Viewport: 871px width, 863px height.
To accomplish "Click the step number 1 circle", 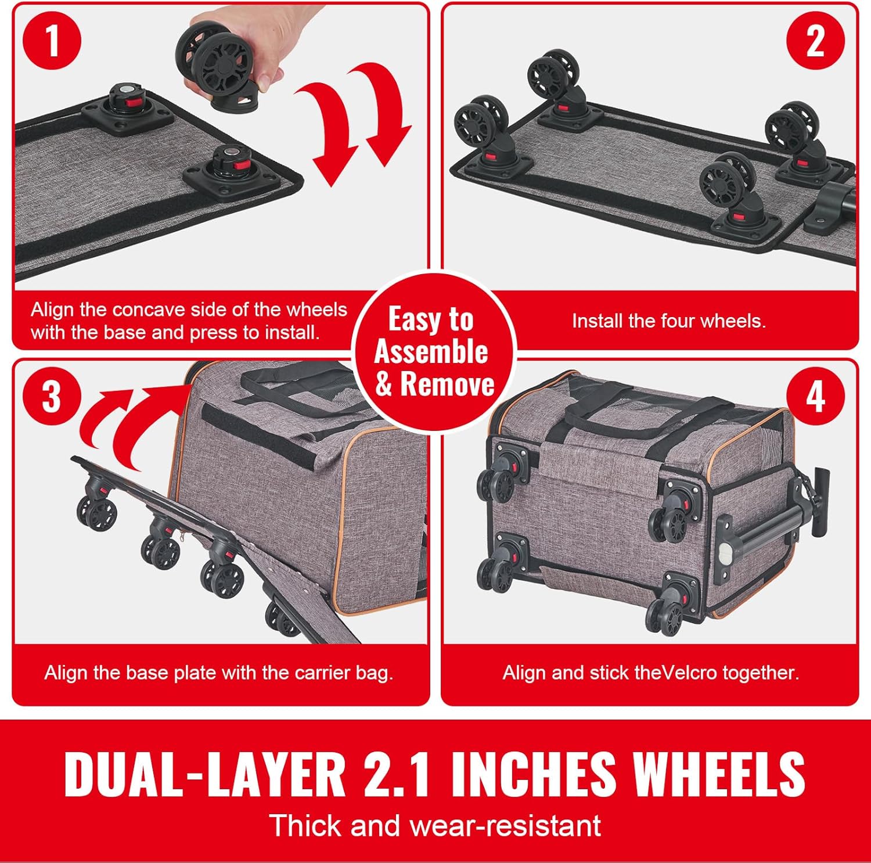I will (x=52, y=40).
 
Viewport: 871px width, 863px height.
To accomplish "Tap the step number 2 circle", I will (x=815, y=40).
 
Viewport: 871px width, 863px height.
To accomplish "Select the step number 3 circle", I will (x=52, y=397).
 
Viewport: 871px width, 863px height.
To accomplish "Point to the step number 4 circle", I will (x=815, y=397).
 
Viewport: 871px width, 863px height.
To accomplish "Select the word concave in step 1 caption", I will (x=149, y=310).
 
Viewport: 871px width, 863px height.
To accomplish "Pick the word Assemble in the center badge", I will (x=431, y=351).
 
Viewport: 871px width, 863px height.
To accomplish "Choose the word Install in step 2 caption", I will (x=593, y=321).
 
